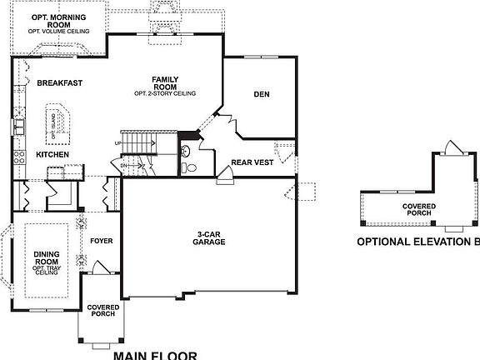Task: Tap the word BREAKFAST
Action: coord(58,82)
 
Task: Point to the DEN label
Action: coord(262,94)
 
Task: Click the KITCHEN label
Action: coord(52,155)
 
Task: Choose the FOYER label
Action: coord(101,241)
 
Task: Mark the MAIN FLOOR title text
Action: coord(155,355)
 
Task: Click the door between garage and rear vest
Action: coord(224,176)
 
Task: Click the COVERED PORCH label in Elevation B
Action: coord(417,209)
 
